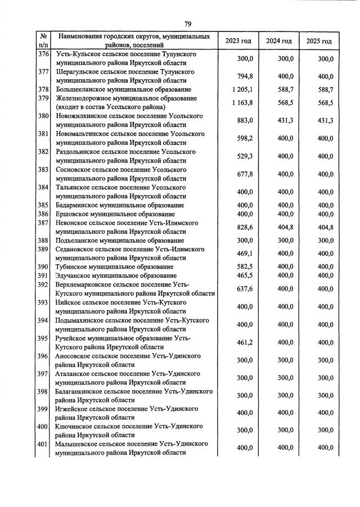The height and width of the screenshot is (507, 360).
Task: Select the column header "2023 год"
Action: pos(238,41)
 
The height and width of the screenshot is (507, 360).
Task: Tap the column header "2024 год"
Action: pos(278,41)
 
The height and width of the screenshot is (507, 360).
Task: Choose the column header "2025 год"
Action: pos(319,41)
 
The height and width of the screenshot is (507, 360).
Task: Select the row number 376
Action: pos(43,54)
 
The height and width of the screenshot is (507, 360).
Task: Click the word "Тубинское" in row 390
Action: pos(71,266)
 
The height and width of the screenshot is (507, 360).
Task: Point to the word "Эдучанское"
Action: pos(73,275)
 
